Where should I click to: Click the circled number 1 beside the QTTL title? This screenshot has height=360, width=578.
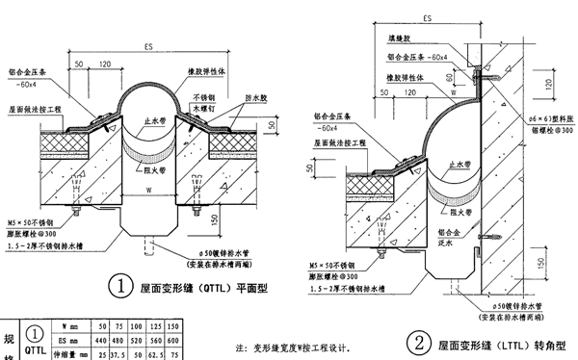click(x=120, y=286)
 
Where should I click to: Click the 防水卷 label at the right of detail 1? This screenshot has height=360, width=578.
click(x=229, y=96)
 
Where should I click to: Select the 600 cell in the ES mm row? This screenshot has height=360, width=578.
click(x=175, y=340)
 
